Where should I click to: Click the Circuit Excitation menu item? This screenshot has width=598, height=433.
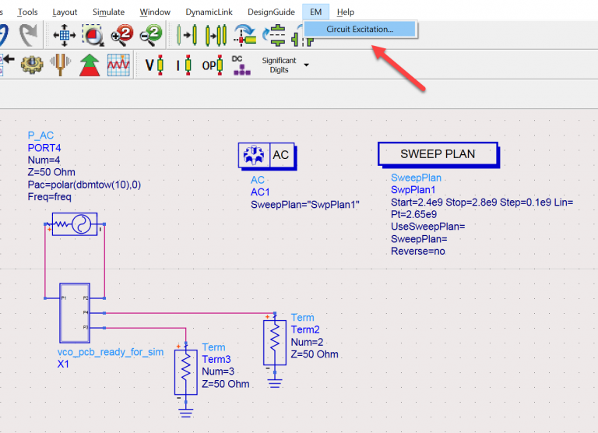(x=360, y=30)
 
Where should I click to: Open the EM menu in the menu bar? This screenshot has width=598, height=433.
(x=315, y=12)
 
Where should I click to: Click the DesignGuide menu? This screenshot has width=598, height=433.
(x=271, y=12)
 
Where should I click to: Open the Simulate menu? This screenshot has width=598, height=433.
(x=108, y=12)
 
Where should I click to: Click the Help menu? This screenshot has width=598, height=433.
(x=346, y=12)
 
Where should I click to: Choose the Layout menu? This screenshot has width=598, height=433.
(x=65, y=12)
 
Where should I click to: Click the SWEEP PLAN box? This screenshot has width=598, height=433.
(x=438, y=154)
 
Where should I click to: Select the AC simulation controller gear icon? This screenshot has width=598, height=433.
(x=253, y=155)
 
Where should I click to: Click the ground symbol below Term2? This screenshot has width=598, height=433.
(x=274, y=382)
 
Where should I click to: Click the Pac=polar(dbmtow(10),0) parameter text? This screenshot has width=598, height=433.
(x=83, y=185)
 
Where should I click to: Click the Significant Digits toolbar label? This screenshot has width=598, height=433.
(x=279, y=65)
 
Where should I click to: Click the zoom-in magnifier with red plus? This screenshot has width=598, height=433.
(x=121, y=35)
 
